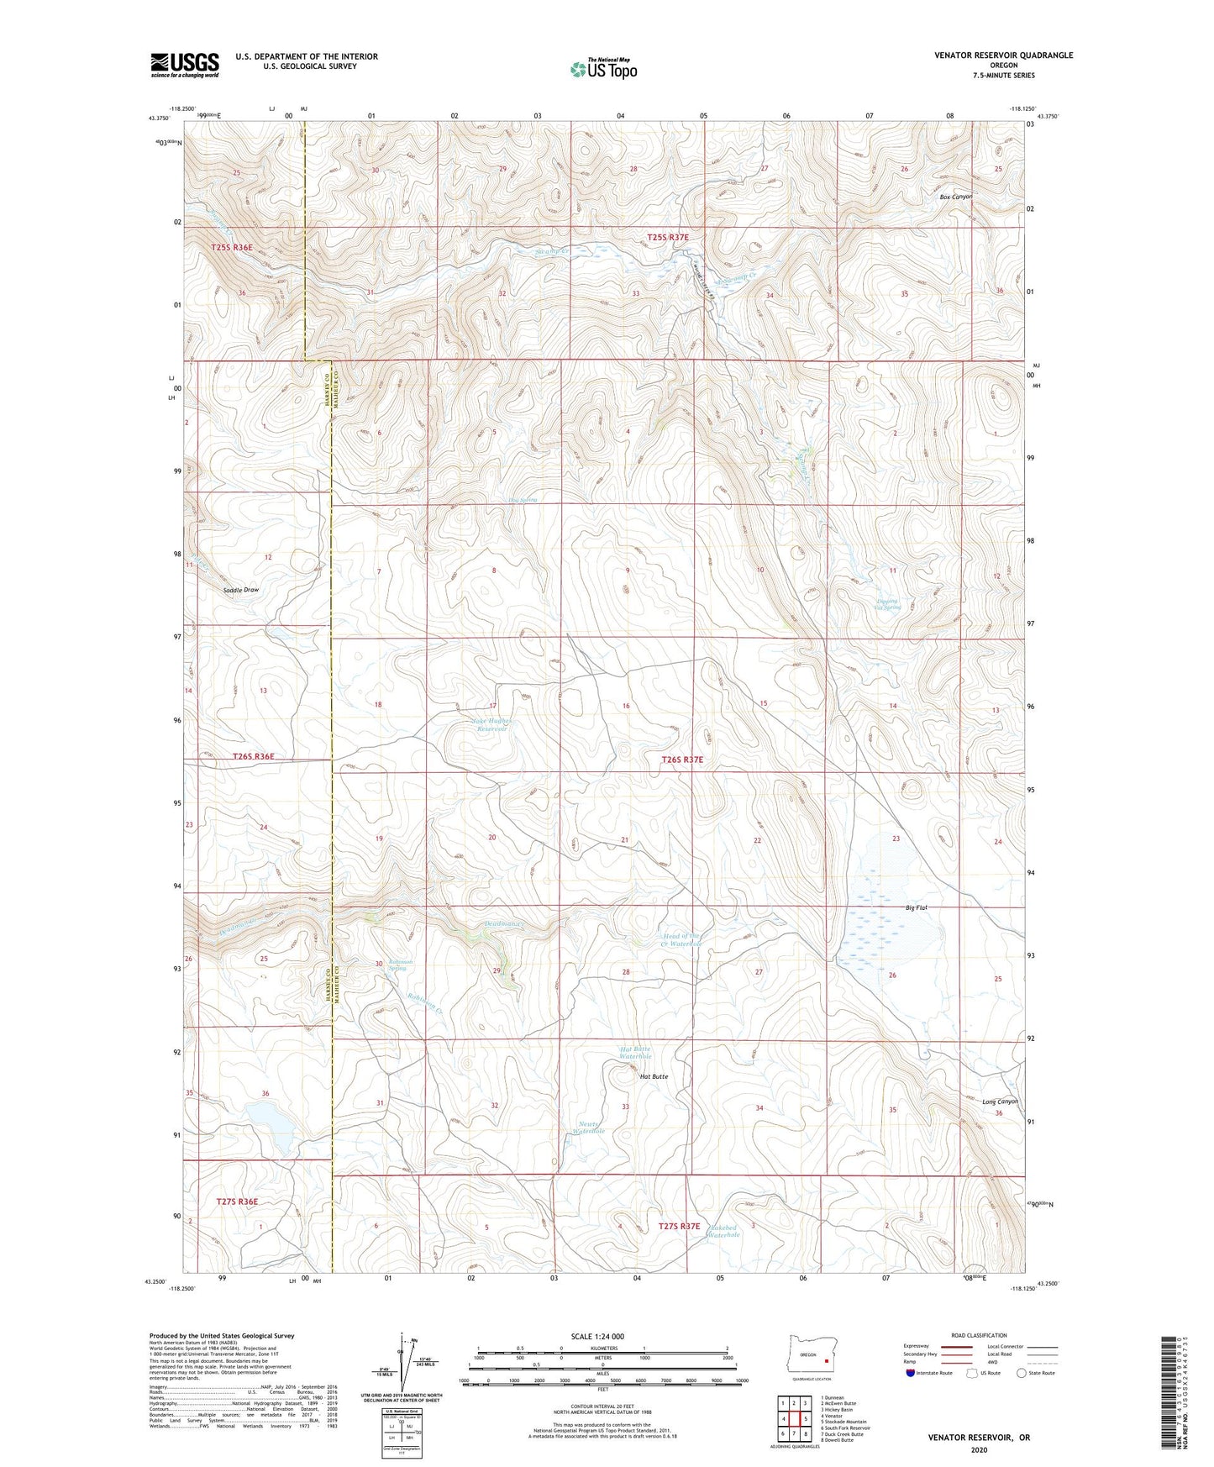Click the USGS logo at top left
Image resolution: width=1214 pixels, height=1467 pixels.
[185, 65]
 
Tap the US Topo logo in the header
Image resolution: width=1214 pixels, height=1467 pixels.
[603, 69]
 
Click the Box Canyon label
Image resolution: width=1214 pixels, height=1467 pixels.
[956, 197]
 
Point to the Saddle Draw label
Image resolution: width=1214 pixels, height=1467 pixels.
[241, 590]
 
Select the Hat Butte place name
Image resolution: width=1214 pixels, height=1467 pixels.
[654, 1076]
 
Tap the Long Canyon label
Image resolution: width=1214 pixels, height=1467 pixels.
[1000, 1102]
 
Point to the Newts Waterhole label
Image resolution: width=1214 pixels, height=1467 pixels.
[589, 1128]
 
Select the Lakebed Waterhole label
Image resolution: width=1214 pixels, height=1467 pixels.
[723, 1230]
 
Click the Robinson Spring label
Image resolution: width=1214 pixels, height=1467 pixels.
[397, 965]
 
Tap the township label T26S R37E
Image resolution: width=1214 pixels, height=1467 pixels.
[681, 760]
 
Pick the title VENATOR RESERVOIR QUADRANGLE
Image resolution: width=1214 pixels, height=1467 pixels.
[1003, 55]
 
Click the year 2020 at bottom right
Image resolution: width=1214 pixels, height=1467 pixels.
[979, 1449]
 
